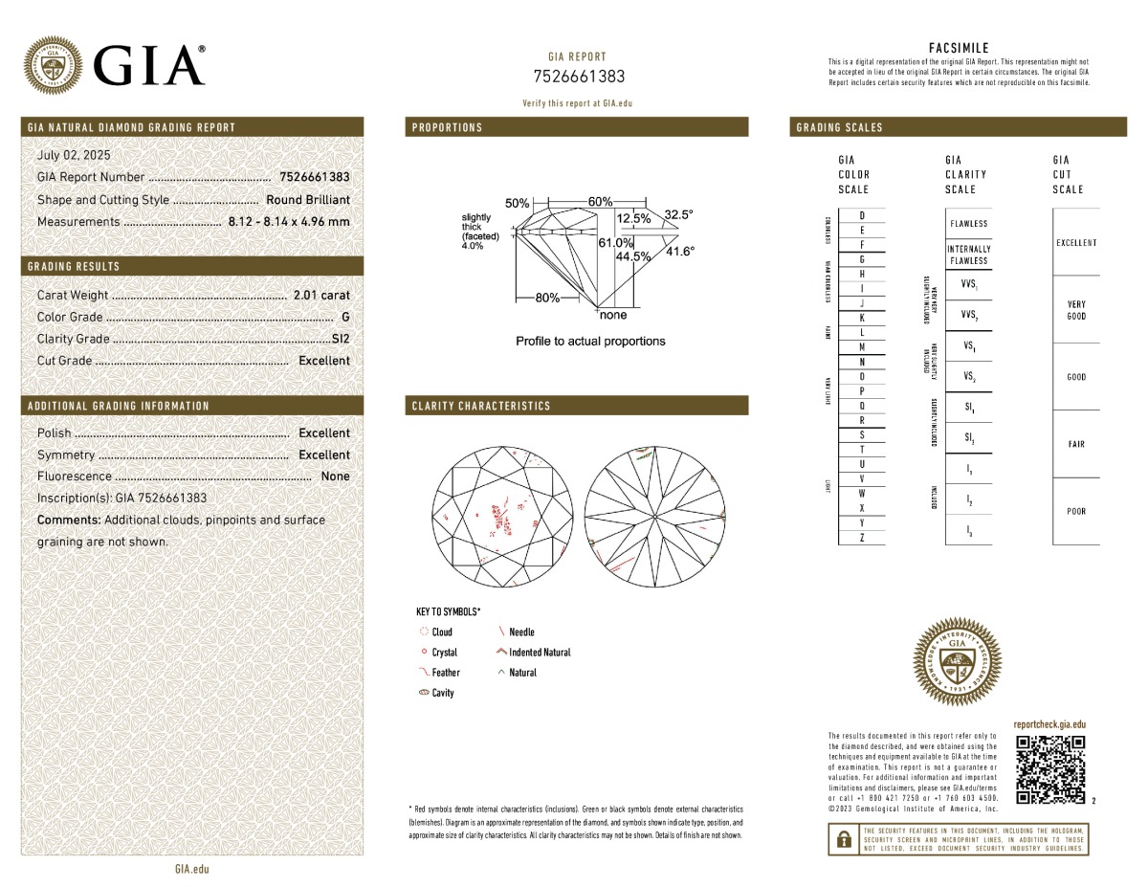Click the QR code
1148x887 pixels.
coord(1050,769)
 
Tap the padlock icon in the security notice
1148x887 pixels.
coord(844,839)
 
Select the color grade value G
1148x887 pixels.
coord(345,317)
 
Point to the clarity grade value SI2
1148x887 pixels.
coord(341,339)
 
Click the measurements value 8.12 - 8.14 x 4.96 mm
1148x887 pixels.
coord(289,222)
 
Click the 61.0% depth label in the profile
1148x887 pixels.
coord(616,243)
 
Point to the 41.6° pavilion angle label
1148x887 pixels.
coord(680,251)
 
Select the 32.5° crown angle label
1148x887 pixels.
coord(678,215)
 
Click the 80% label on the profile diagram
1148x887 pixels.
coord(547,298)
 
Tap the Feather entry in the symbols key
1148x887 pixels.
coord(445,673)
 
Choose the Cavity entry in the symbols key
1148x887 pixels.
coord(442,693)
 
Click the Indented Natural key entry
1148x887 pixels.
coord(540,653)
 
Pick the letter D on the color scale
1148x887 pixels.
coord(862,216)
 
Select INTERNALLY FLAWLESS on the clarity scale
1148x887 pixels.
coord(968,255)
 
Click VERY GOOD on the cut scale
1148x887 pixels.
coord(1076,310)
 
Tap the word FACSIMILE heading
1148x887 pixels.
coord(959,48)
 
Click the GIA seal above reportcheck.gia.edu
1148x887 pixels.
coord(958,659)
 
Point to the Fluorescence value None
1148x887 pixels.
coord(335,477)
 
